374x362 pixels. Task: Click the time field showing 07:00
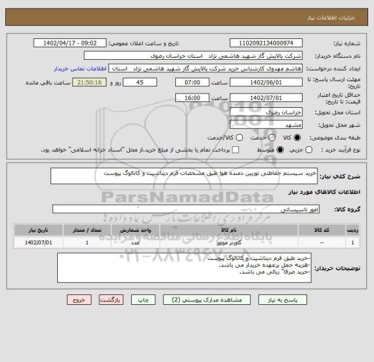tap(192, 83)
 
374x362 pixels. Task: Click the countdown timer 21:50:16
tap(95, 83)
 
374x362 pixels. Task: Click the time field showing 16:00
tap(192, 97)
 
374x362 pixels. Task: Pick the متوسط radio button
tap(281, 150)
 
